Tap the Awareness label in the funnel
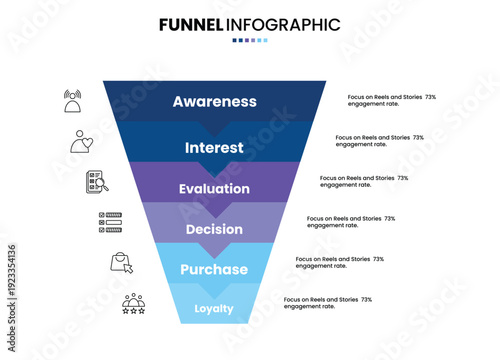pyautogui.click(x=214, y=101)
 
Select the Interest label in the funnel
pyautogui.click(x=214, y=148)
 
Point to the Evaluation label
pyautogui.click(x=214, y=189)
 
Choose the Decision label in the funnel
pyautogui.click(x=214, y=229)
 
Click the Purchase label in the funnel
pyautogui.click(x=214, y=270)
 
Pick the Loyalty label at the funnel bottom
pyautogui.click(x=214, y=308)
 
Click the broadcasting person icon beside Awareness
pyautogui.click(x=73, y=101)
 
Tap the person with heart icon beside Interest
pyautogui.click(x=83, y=141)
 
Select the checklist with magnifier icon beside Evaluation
pyautogui.click(x=97, y=181)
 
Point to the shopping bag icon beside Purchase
pyautogui.click(x=122, y=262)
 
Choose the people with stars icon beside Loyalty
pyautogui.click(x=134, y=303)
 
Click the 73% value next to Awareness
pyautogui.click(x=430, y=97)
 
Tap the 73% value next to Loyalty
pyautogui.click(x=366, y=299)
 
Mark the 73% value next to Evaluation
pyautogui.click(x=402, y=178)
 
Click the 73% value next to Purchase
pyautogui.click(x=378, y=259)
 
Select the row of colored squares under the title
pyautogui.click(x=250, y=41)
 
